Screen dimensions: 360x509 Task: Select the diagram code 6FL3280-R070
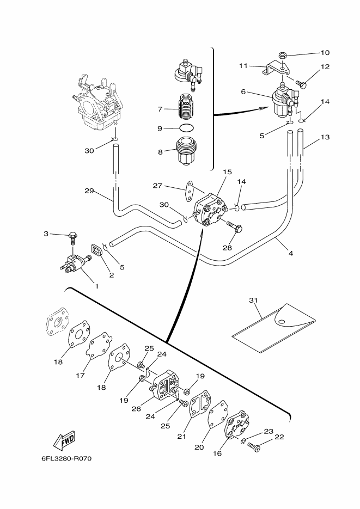[x=66, y=459]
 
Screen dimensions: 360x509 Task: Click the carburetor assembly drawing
[x=96, y=103]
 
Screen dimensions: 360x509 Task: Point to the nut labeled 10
[x=283, y=54]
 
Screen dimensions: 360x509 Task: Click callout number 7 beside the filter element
[x=160, y=109]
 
